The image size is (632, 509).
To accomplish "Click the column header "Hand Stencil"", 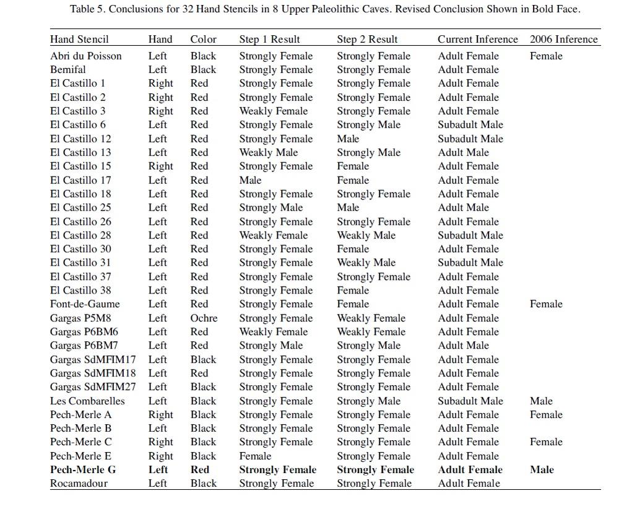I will (79, 39).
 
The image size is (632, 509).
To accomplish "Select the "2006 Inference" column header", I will (563, 39).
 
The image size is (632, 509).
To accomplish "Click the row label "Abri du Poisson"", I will (85, 56).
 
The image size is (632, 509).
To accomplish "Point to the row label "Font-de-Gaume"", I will (85, 304).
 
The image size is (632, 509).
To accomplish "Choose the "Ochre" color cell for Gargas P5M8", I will (204, 318).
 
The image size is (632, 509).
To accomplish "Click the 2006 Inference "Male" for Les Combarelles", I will (541, 401).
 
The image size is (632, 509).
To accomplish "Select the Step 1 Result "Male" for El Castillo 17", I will (250, 180).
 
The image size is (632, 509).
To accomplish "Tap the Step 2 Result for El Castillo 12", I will (348, 139).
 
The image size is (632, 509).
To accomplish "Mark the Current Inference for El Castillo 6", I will (470, 124).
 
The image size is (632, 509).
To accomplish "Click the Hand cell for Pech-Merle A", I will (160, 414).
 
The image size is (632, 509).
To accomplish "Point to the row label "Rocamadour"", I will (79, 483).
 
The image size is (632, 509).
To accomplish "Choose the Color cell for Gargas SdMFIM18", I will (199, 373).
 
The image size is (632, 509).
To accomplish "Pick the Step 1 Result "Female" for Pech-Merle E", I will (255, 456).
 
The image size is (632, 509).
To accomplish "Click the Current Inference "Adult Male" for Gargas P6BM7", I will (463, 346).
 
